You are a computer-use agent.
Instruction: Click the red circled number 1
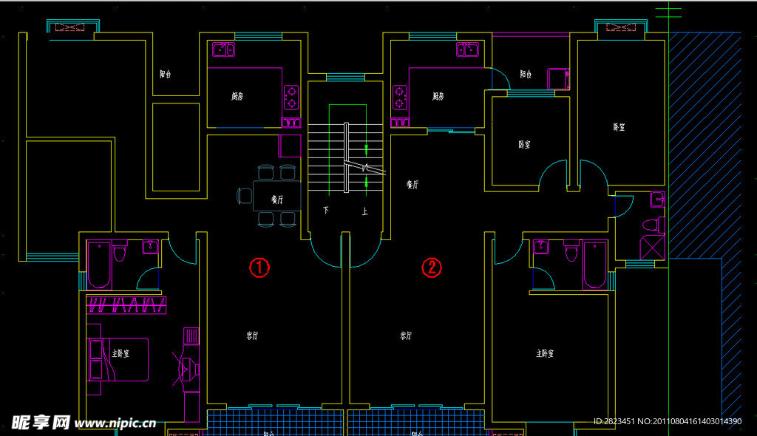[x=258, y=268]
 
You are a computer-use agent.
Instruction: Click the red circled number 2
[x=431, y=268]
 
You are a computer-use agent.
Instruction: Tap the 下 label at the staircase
[x=326, y=211]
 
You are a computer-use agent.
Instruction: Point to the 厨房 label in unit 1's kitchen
[x=237, y=96]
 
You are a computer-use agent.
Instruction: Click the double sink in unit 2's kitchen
[x=468, y=50]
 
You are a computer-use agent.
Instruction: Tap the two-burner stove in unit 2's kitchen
[x=400, y=98]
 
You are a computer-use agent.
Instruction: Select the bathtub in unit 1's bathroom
[x=99, y=265]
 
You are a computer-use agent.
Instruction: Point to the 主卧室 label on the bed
[x=120, y=354]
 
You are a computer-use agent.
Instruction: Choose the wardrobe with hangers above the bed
[x=126, y=304]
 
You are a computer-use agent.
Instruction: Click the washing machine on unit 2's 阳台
[x=557, y=78]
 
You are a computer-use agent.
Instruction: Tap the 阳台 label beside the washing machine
[x=526, y=74]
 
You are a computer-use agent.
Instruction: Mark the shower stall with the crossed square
[x=651, y=247]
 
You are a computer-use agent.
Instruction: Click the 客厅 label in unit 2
[x=406, y=335]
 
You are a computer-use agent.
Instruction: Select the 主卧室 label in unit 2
[x=546, y=353]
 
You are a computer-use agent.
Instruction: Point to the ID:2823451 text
[x=619, y=421]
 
